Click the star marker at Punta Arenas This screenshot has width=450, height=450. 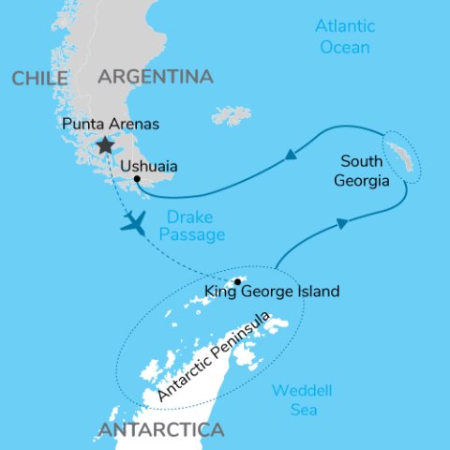104,145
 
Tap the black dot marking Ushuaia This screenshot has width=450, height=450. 137,178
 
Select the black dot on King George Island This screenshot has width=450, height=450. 238,280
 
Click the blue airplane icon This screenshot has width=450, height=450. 135,223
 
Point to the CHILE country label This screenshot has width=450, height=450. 39,79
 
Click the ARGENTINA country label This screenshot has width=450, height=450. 155,76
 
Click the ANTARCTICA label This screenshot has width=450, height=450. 158,430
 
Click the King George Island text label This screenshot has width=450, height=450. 272,292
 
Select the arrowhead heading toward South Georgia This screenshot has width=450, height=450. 343,222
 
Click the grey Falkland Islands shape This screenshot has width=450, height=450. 231,115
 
